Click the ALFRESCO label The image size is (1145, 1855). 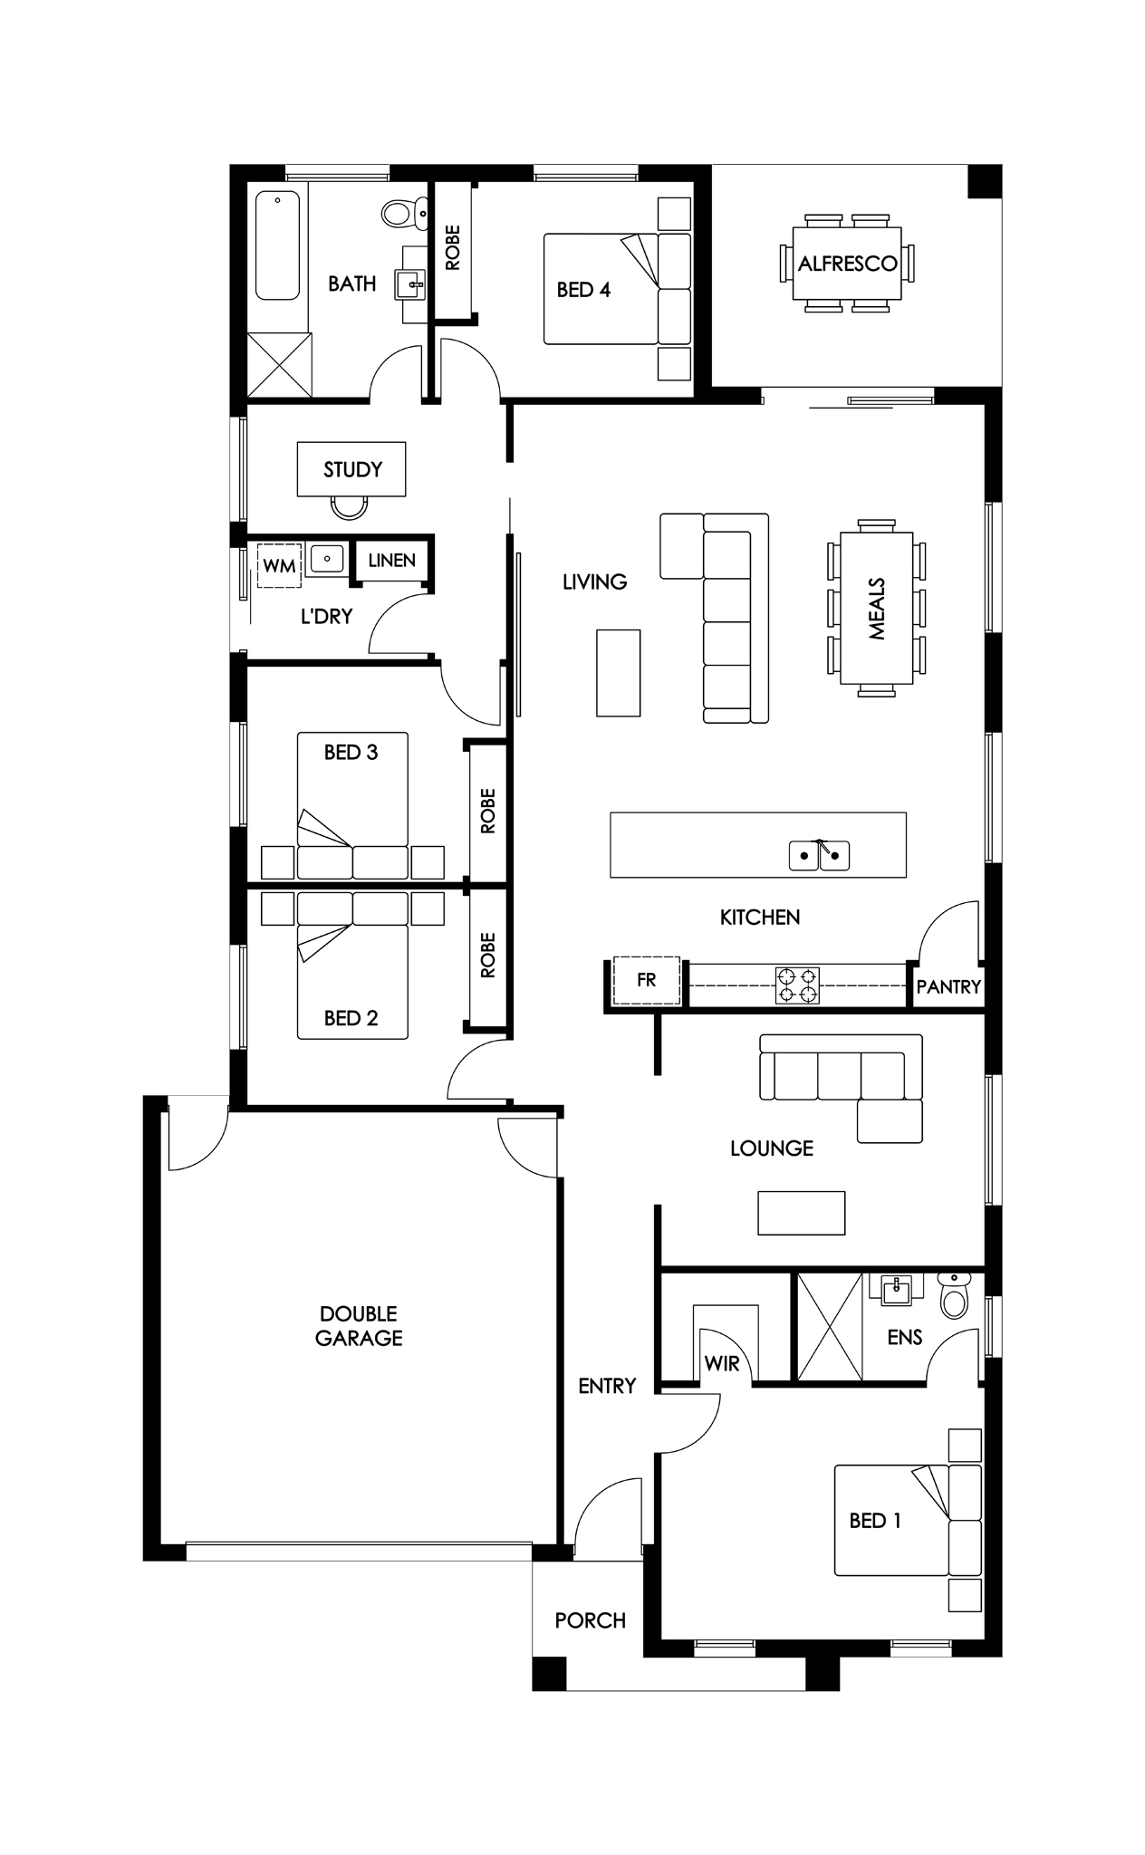[x=847, y=264]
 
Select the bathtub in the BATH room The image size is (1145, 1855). [x=277, y=245]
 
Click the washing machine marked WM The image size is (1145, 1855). [x=280, y=566]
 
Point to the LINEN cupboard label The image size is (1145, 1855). [x=392, y=560]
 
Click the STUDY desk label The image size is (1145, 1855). [x=352, y=469]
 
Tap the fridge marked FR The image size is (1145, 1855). [x=646, y=980]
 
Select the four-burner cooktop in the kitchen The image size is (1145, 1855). [x=797, y=985]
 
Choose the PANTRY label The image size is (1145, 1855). [x=948, y=986]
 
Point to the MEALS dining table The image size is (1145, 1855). [x=876, y=609]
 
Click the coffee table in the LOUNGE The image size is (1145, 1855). [x=802, y=1213]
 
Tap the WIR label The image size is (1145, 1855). [x=722, y=1363]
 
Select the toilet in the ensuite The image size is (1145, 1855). [x=953, y=1295]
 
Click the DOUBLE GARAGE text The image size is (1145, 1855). [x=359, y=1325]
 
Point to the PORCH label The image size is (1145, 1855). [x=591, y=1620]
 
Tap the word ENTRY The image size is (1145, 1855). [x=607, y=1385]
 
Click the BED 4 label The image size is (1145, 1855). [x=583, y=290]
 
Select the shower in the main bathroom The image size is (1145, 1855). [x=280, y=365]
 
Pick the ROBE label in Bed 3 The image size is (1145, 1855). [x=488, y=811]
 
